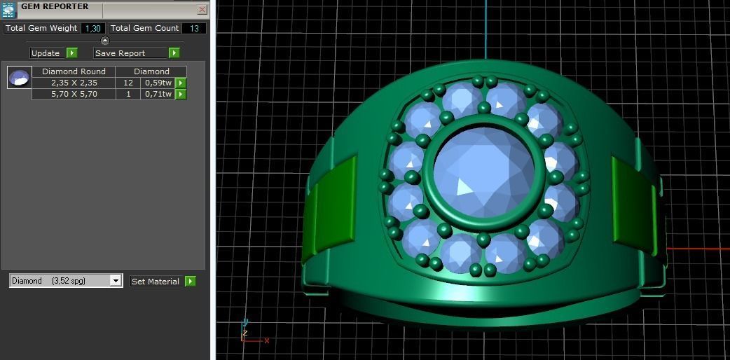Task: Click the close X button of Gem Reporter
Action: coord(202,10)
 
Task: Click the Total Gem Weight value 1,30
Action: coord(92,29)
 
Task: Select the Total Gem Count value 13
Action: coord(194,29)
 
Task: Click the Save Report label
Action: coord(120,53)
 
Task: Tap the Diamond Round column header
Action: coord(74,71)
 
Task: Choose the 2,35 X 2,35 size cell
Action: coord(74,83)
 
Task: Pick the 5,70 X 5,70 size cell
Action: coord(74,94)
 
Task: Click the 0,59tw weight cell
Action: coord(158,83)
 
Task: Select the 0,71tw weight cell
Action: coord(158,94)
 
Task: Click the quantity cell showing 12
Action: coord(128,83)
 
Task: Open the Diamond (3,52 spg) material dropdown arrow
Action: coord(116,281)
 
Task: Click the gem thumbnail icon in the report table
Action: coord(19,77)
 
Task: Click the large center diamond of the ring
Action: coord(483,172)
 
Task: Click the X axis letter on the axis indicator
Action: coord(267,341)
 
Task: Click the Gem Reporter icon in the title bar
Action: coord(8,9)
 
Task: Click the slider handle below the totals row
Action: coord(105,41)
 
